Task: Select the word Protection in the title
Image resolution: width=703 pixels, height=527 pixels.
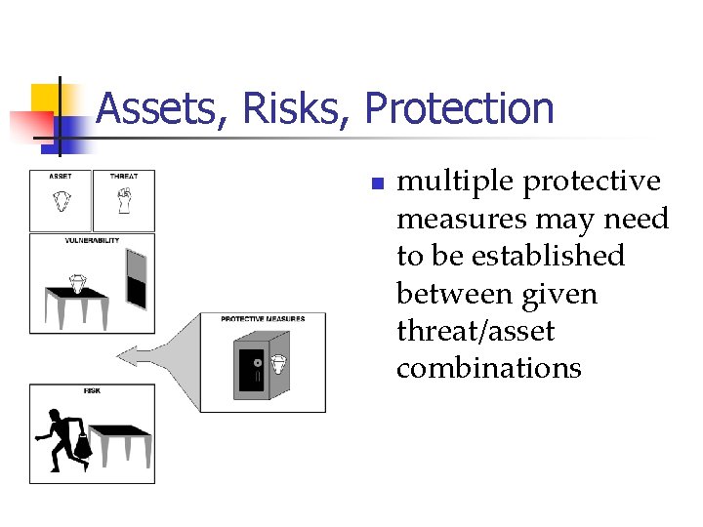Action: point(459,108)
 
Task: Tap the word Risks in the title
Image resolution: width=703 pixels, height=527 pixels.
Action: point(298,108)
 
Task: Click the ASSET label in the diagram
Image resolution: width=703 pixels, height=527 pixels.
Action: point(61,177)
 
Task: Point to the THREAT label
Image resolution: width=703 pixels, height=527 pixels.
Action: point(124,177)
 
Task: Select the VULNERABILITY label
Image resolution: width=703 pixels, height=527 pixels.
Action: point(92,239)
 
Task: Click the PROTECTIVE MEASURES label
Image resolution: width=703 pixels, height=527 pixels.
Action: point(263,319)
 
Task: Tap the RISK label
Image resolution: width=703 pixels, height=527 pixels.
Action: point(92,390)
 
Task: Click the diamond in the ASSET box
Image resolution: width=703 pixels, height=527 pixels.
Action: point(61,202)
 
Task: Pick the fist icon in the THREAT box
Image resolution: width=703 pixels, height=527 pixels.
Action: point(123,201)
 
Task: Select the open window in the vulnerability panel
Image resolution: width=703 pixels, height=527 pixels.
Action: point(136,278)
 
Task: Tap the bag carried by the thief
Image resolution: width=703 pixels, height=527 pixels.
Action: point(83,447)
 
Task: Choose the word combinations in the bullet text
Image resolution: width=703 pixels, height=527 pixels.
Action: point(488,369)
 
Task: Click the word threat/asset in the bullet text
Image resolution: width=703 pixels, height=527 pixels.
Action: point(476,332)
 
